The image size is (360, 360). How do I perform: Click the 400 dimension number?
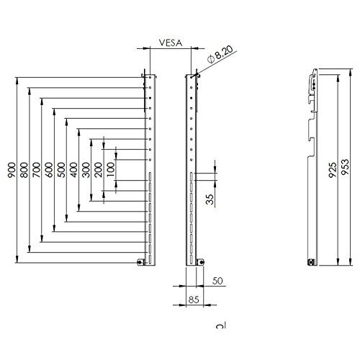(74, 170)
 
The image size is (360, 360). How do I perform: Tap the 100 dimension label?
(110, 170)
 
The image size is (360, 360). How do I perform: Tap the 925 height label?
(333, 169)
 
